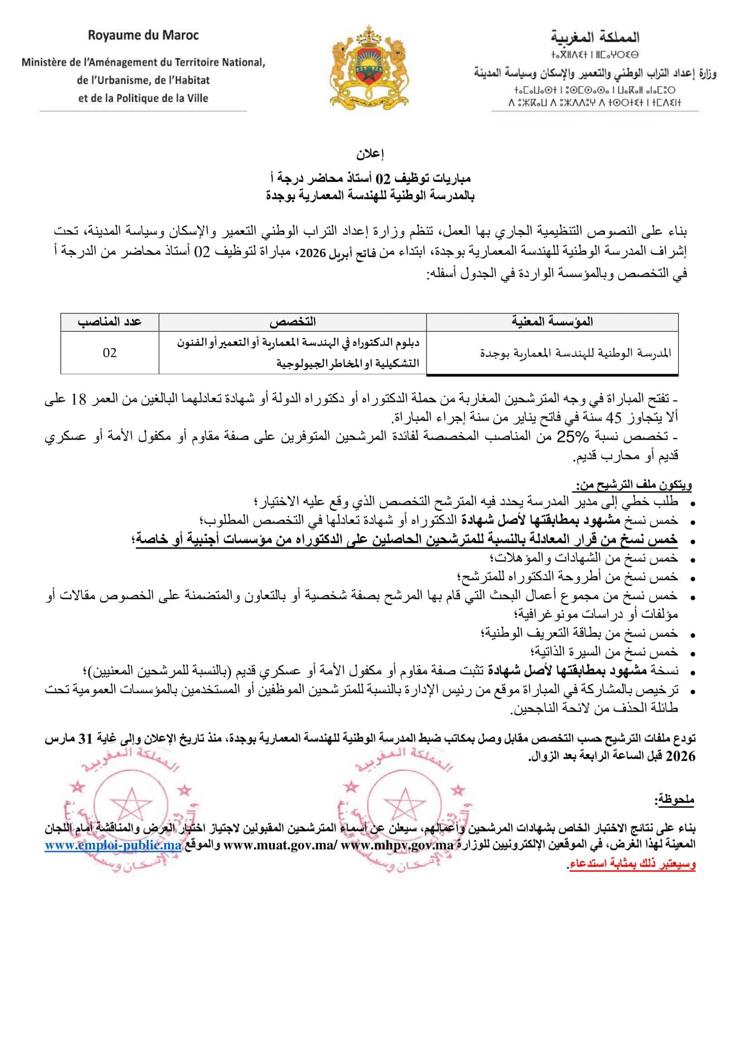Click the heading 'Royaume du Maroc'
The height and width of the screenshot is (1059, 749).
pos(144,35)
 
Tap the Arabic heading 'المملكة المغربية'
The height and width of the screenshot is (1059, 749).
pos(595,36)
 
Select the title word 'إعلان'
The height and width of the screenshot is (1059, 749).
pos(370,153)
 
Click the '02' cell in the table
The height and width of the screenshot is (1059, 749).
pos(110,353)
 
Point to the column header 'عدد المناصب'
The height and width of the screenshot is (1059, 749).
pos(110,321)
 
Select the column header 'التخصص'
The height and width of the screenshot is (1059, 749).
pos(293,321)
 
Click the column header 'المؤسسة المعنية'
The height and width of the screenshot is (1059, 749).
pos(552,321)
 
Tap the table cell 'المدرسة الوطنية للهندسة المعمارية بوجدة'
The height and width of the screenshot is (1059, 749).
pos(576,353)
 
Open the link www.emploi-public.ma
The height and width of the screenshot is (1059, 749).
pos(113,845)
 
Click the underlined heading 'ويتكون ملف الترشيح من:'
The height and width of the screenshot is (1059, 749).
pos(633,485)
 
